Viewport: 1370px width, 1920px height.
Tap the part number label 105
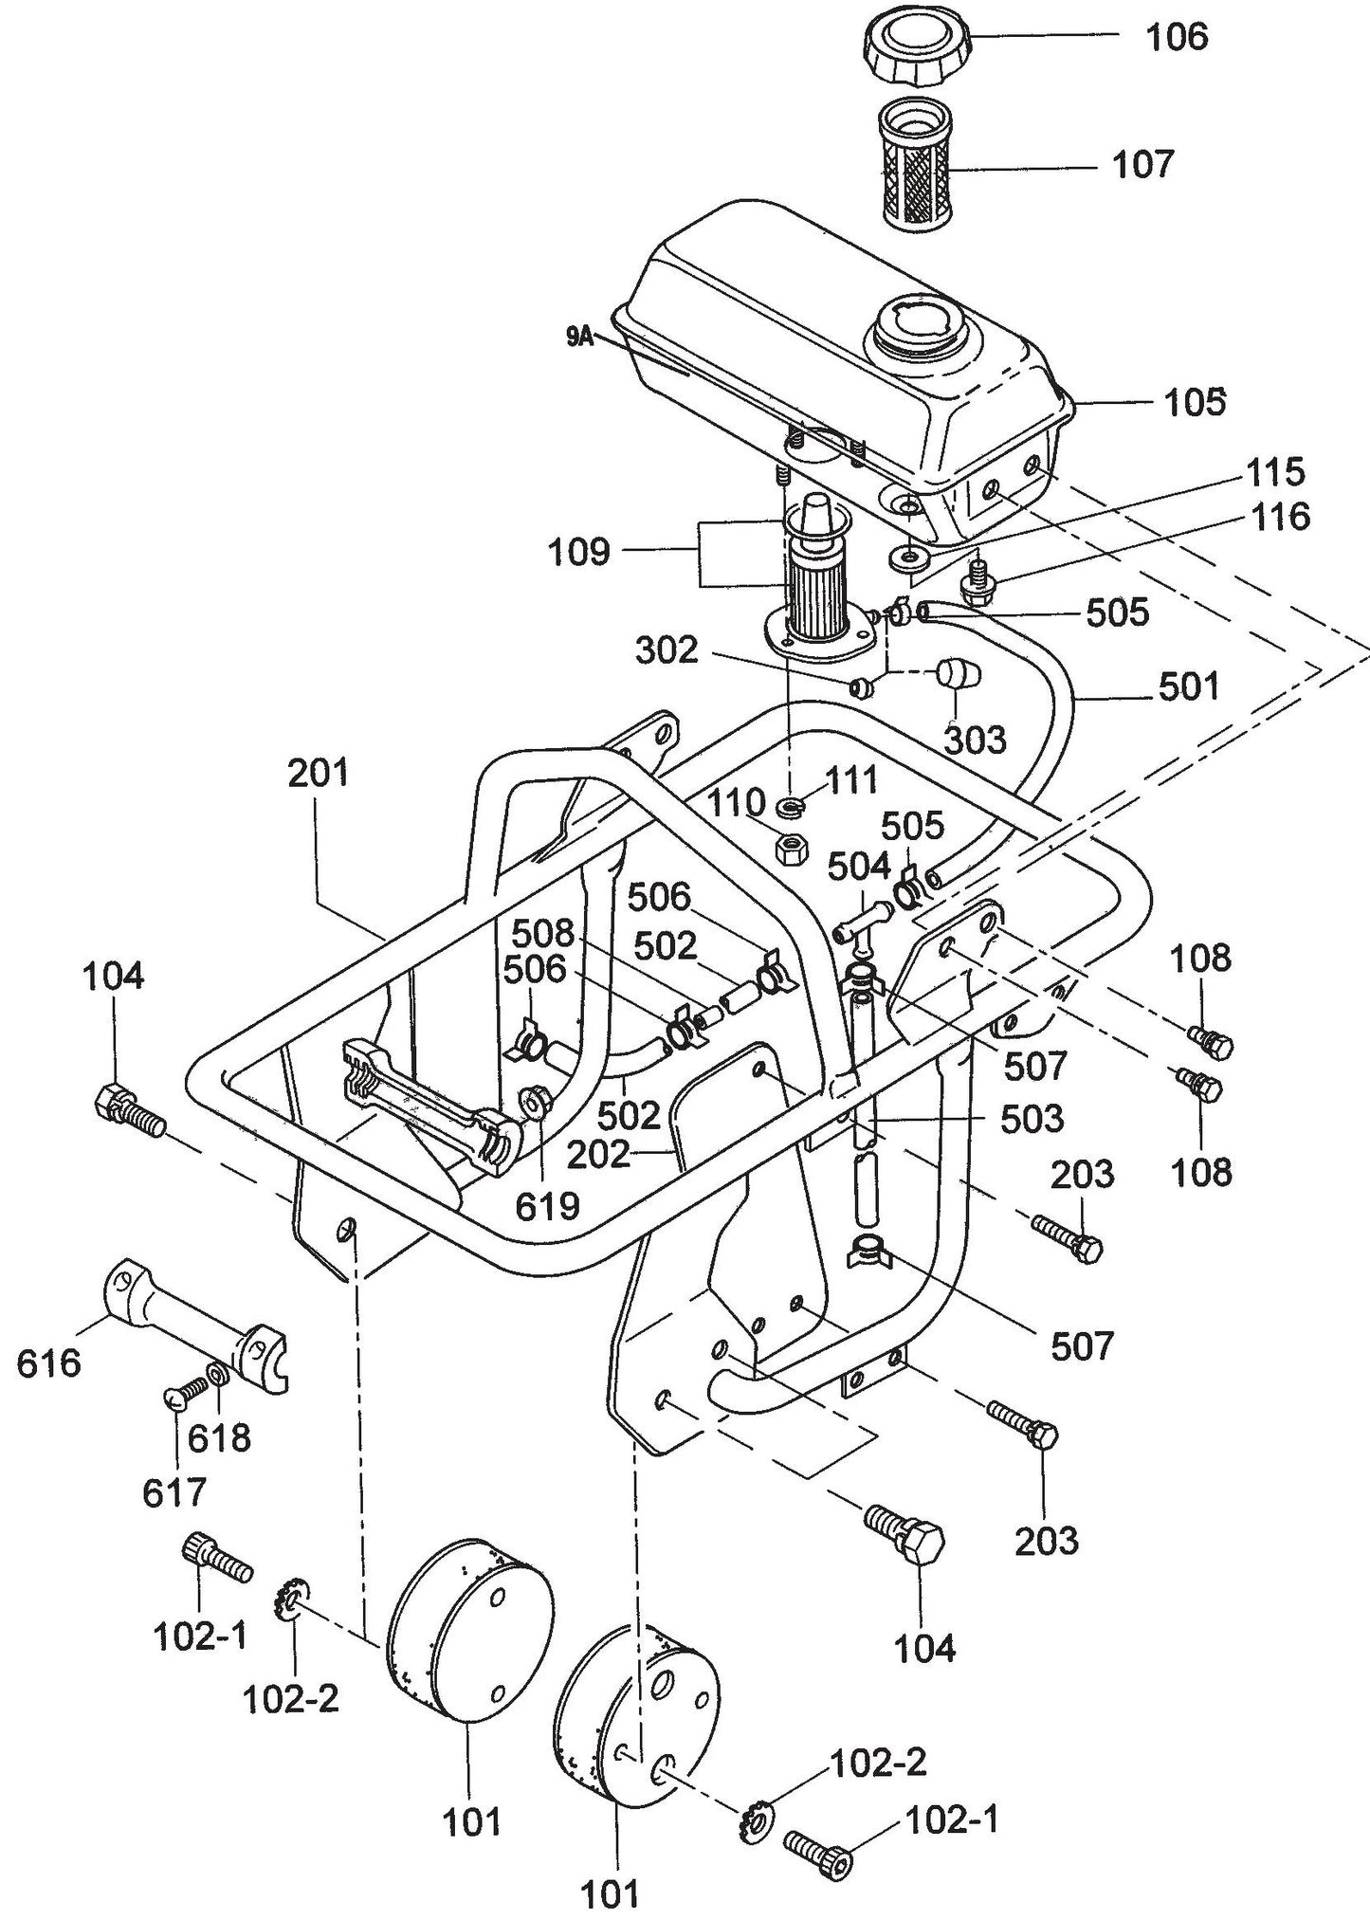(1194, 403)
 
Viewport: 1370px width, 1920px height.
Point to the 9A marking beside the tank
(579, 337)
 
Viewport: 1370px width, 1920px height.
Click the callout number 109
(579, 552)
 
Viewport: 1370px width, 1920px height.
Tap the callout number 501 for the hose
(1189, 686)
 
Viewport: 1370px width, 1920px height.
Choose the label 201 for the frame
(320, 774)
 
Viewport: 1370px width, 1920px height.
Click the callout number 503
(1032, 1118)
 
